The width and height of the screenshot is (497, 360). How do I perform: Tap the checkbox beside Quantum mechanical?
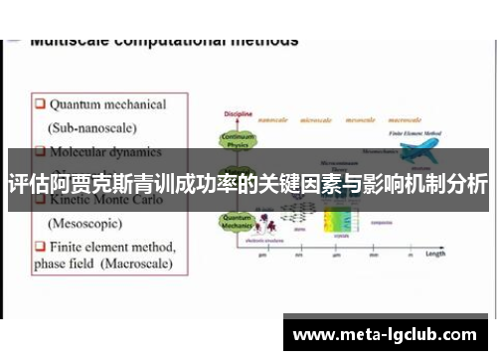click(39, 103)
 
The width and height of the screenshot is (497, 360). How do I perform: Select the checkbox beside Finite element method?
click(39, 246)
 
